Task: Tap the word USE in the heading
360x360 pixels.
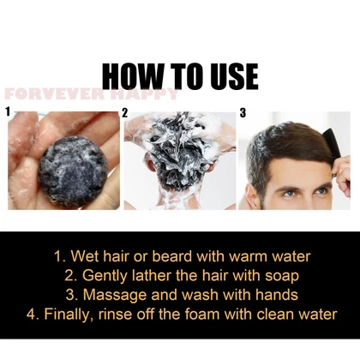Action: pos(234,76)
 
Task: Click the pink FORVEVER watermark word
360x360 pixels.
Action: pos(55,94)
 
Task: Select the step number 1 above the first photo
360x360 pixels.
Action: pos(8,111)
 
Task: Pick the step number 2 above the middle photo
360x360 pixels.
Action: pos(125,113)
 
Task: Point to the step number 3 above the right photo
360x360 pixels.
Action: pos(243,113)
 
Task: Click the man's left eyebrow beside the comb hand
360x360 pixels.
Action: pos(320,185)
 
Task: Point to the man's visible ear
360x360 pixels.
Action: pos(252,196)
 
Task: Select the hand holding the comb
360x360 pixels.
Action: pos(342,173)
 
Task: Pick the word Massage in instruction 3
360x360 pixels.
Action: pos(115,295)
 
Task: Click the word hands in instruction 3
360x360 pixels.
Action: pos(277,295)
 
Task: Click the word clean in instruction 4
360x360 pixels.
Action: pos(275,314)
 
